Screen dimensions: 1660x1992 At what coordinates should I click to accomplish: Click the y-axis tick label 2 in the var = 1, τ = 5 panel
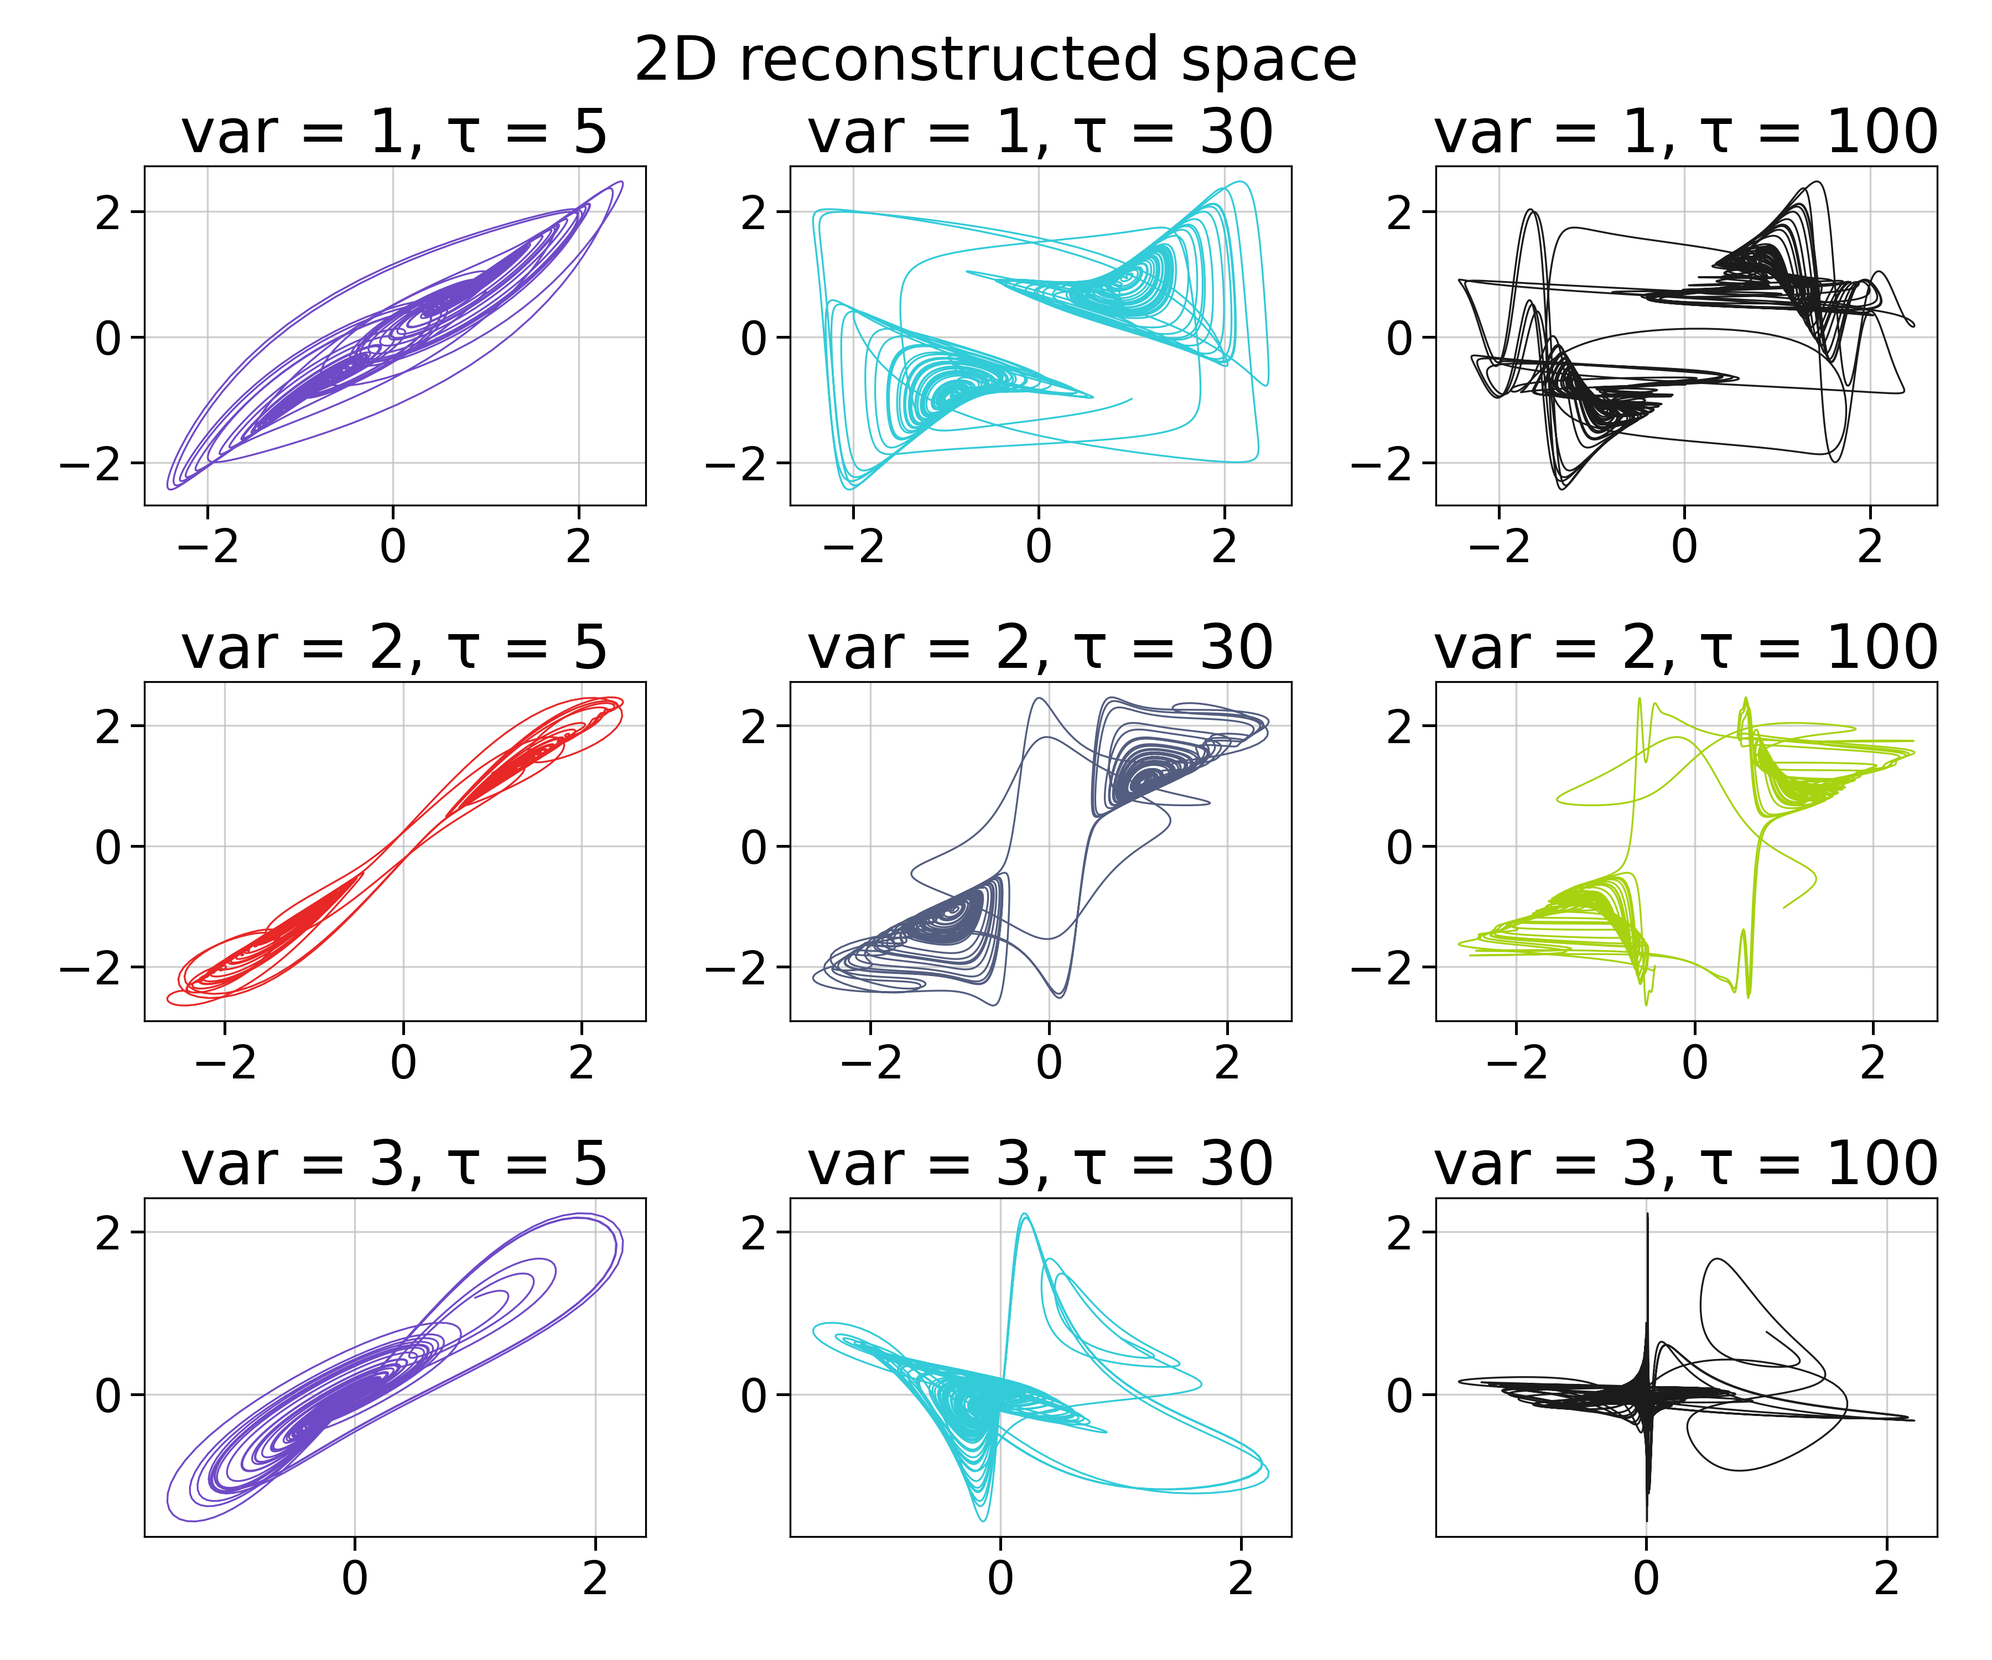(108, 212)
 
